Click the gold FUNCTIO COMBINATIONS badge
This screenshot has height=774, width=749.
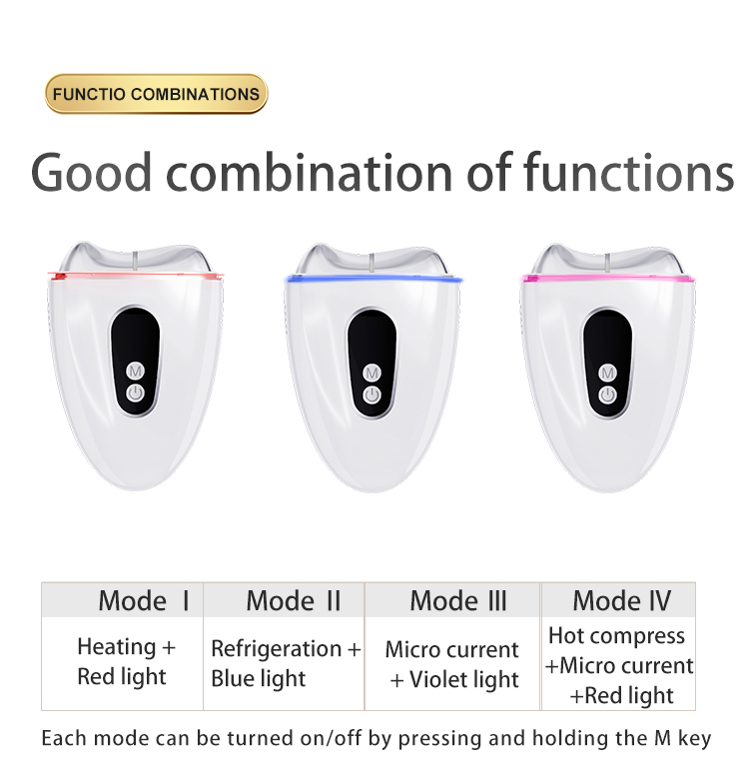(x=156, y=94)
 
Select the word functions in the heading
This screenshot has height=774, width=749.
(x=628, y=173)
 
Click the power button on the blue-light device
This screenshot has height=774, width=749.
(x=372, y=395)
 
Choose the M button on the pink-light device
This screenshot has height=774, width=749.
(x=607, y=373)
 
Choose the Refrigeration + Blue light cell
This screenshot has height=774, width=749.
(x=285, y=663)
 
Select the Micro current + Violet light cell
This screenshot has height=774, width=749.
(x=452, y=664)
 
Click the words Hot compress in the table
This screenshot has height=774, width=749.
(x=616, y=636)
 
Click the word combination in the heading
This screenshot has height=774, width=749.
(x=309, y=173)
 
